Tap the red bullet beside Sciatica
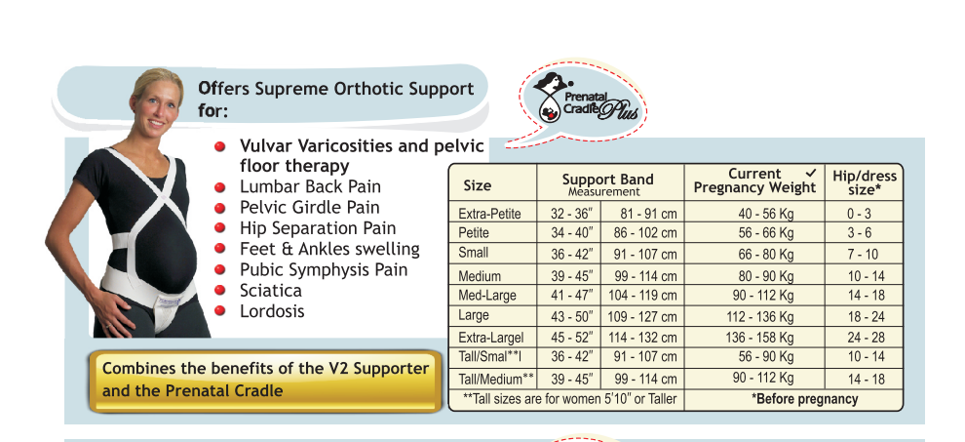[219, 290]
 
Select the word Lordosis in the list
[272, 310]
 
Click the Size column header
[477, 185]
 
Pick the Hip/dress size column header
[864, 182]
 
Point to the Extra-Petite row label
[489, 214]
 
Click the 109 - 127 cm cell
[642, 317]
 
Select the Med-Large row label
[486, 296]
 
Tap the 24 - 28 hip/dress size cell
[866, 338]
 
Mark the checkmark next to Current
[811, 173]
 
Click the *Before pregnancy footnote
[804, 399]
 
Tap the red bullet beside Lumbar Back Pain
[219, 186]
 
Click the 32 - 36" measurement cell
[572, 214]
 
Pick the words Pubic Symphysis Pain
[324, 270]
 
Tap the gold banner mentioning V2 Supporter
[266, 381]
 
